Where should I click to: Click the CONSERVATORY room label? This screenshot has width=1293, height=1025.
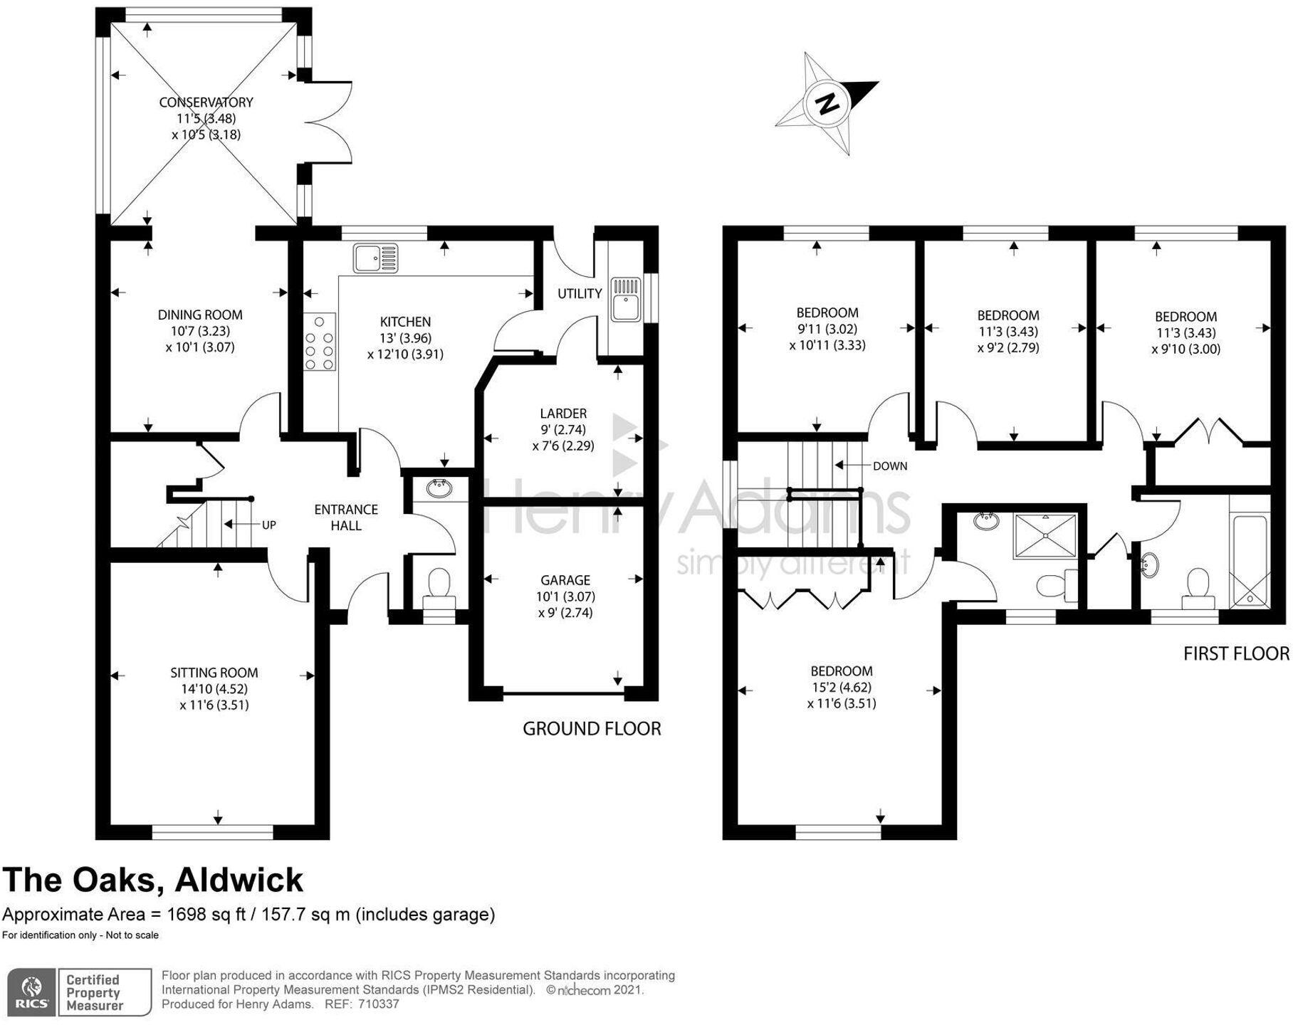tap(206, 102)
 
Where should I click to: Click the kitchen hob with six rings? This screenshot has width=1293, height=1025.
tap(320, 342)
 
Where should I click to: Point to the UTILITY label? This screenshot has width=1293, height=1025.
tap(580, 293)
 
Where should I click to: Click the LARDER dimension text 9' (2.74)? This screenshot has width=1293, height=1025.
tap(563, 430)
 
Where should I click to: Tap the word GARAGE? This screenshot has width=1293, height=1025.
tap(565, 580)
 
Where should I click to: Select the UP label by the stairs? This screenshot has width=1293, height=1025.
tap(268, 525)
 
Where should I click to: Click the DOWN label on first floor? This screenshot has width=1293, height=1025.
tap(889, 466)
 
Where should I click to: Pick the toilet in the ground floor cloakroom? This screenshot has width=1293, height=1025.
tap(437, 584)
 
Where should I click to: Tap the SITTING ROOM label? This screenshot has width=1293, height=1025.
tap(214, 673)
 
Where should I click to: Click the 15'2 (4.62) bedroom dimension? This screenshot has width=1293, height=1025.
tap(842, 687)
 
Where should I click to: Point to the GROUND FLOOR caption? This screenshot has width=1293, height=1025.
tap(592, 728)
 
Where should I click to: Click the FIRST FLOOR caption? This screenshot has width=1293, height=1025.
tap(1235, 653)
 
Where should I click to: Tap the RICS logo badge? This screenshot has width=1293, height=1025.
tap(31, 991)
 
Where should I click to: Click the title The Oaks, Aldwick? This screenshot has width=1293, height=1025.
tap(153, 880)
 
